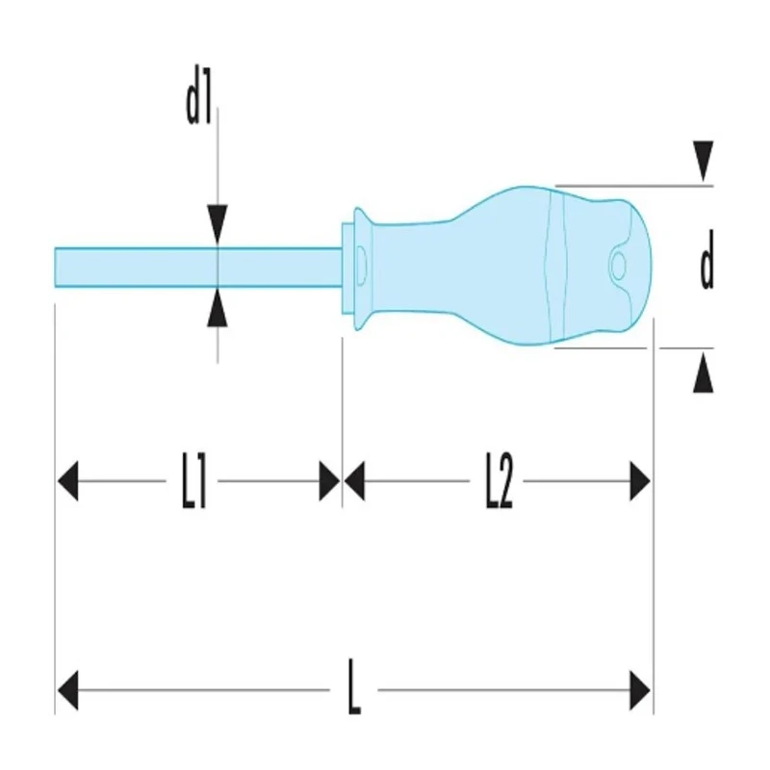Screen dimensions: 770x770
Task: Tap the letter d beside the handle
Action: coord(706,259)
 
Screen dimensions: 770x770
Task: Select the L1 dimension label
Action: coord(193,480)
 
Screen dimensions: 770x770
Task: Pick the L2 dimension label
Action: coord(499,480)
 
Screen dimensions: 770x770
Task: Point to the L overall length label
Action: coord(354,687)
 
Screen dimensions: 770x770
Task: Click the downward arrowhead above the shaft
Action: coord(218,224)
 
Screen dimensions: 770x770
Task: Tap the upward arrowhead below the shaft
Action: coord(218,308)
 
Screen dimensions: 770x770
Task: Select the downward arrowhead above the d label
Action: coord(704,161)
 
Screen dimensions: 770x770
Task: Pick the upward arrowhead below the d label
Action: coord(704,372)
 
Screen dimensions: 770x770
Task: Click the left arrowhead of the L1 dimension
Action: coord(67,480)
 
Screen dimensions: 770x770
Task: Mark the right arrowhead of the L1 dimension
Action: coord(329,480)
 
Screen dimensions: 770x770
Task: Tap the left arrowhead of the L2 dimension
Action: coord(354,480)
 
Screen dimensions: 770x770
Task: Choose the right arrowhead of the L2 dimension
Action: coord(640,480)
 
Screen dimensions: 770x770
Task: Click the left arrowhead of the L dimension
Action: coord(67,690)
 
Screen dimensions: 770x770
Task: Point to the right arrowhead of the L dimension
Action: coord(640,690)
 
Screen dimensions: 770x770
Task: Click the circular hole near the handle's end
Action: coord(618,266)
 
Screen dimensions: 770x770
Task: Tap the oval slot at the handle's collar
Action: coord(361,266)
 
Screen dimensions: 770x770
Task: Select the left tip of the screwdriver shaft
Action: coord(55,268)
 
